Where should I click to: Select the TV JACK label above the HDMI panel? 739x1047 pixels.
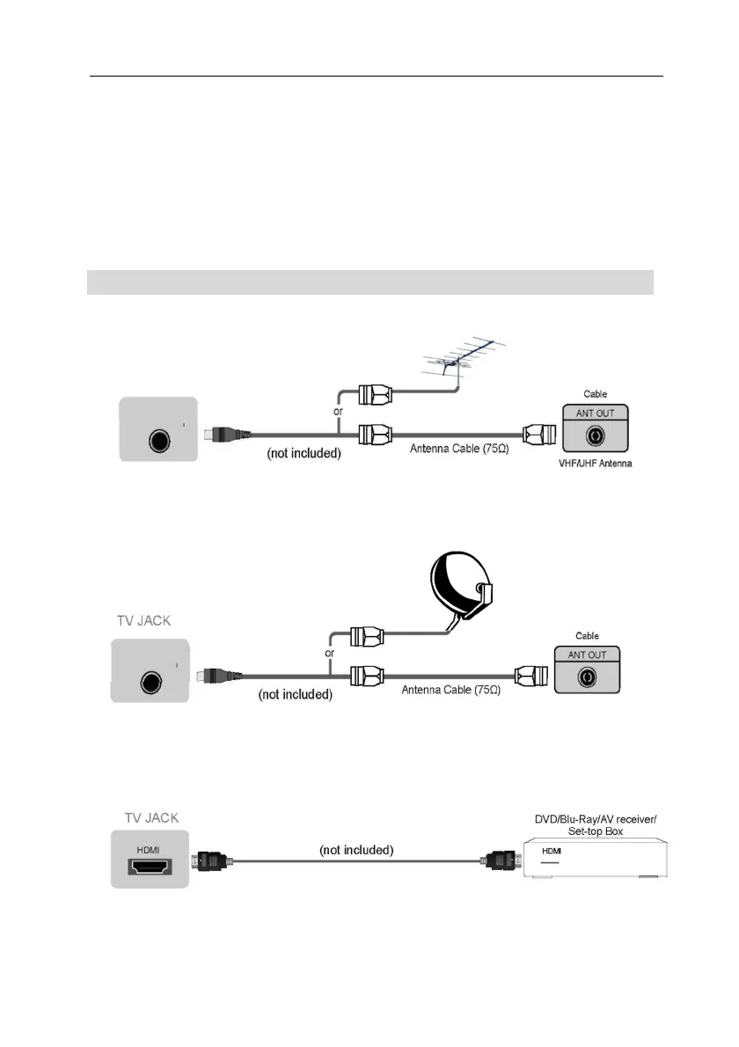pyautogui.click(x=148, y=817)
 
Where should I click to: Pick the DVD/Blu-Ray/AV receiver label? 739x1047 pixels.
pyautogui.click(x=596, y=819)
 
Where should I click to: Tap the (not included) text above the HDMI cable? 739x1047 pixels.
pyautogui.click(x=355, y=850)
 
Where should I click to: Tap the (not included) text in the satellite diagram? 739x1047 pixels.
pyautogui.click(x=295, y=694)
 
